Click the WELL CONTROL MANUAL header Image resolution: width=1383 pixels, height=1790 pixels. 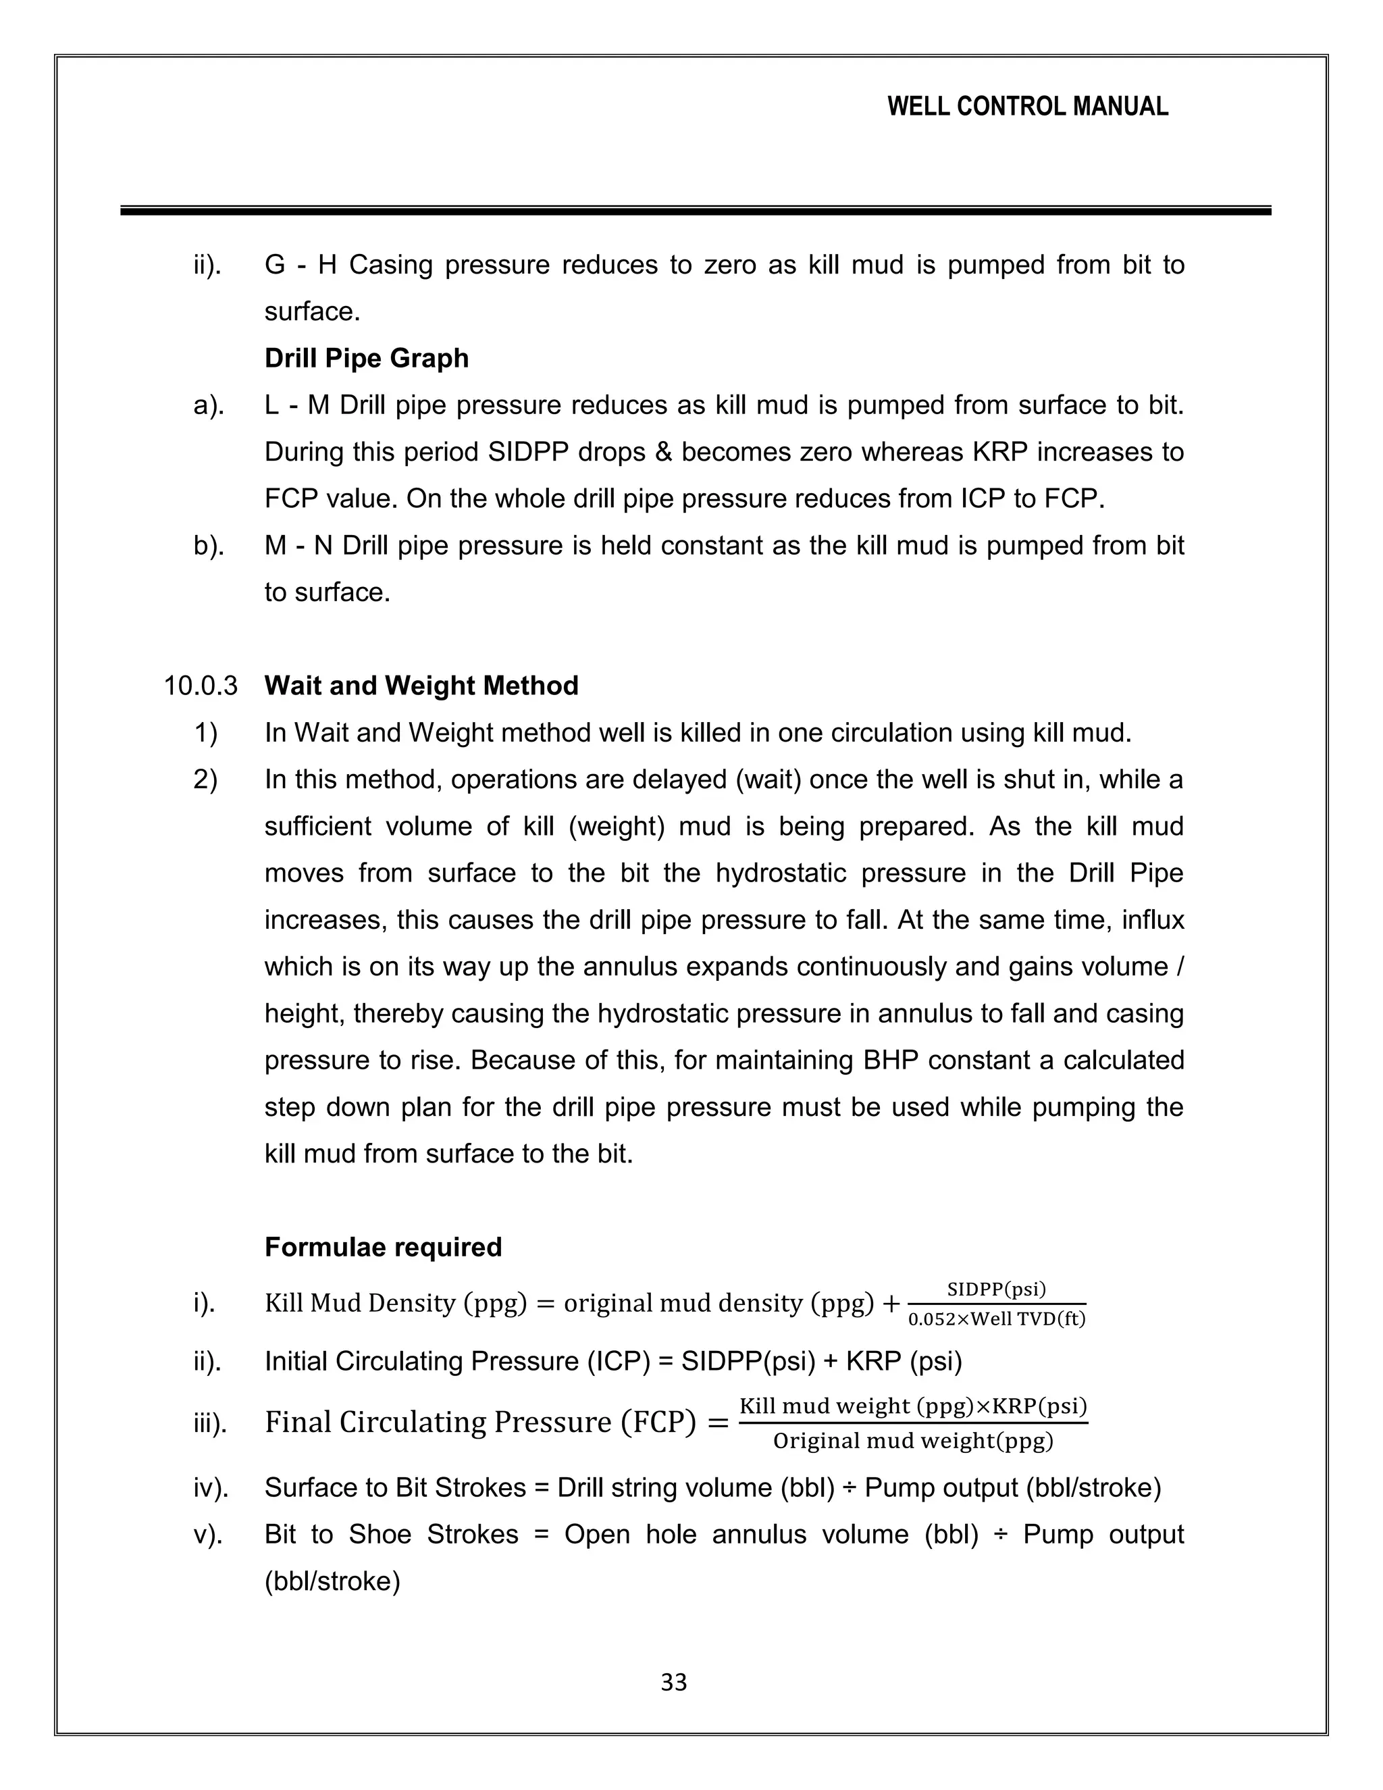click(1027, 107)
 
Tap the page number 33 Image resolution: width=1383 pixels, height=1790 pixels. click(673, 1683)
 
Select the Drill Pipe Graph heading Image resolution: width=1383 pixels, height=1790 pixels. click(366, 358)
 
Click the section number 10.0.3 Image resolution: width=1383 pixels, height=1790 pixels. click(201, 685)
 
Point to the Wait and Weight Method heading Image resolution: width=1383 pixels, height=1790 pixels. click(421, 685)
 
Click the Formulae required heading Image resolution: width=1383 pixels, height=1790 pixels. click(383, 1247)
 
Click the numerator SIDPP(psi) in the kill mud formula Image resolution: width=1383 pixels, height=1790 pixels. click(996, 1289)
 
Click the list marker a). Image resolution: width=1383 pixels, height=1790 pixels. click(208, 405)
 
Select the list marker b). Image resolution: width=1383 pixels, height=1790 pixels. click(208, 545)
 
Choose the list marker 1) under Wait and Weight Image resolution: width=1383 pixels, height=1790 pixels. click(206, 732)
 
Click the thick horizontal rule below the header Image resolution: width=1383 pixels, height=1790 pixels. click(695, 211)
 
